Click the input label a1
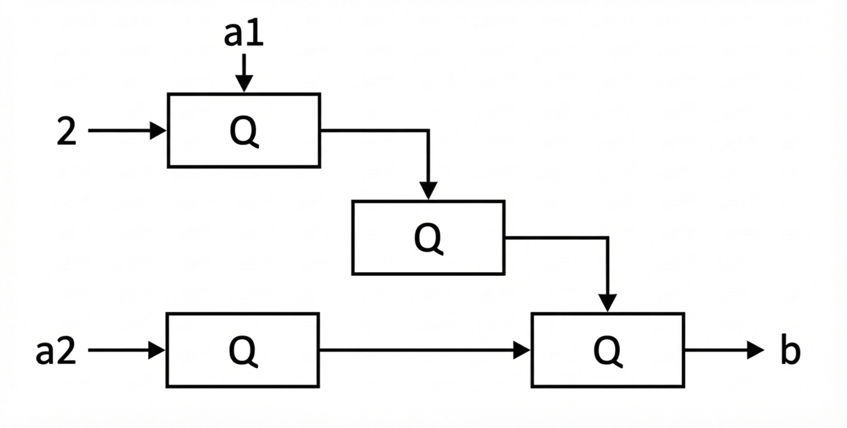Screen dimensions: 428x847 tap(244, 35)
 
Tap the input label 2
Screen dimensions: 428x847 tap(67, 131)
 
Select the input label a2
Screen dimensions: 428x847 tap(56, 351)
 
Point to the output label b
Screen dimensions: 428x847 tap(789, 351)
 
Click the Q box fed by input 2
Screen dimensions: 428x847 tap(244, 131)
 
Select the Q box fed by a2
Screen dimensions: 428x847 tap(243, 350)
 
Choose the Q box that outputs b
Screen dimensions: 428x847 tap(608, 350)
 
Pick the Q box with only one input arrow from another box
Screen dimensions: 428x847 tap(428, 237)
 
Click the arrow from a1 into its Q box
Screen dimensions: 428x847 tap(244, 72)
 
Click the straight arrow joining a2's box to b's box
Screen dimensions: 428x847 tap(425, 350)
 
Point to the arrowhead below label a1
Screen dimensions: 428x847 tap(244, 84)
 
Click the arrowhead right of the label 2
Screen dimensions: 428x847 tap(159, 131)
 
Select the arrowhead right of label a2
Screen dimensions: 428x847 tap(158, 350)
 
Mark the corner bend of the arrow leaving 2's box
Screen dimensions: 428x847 tap(429, 131)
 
